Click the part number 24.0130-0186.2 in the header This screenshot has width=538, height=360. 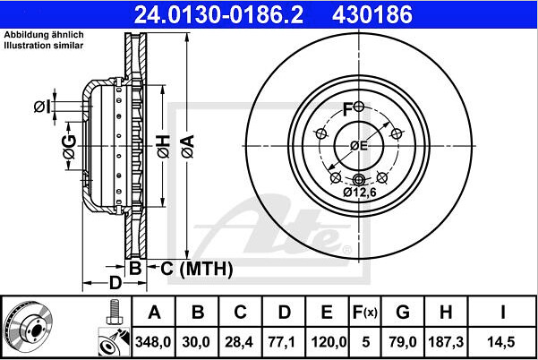218,14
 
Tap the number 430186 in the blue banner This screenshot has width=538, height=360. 372,14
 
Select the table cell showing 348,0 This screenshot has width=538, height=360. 153,342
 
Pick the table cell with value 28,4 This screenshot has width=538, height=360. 239,342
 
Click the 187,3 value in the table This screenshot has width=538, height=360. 446,342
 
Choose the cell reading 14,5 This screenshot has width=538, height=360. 501,342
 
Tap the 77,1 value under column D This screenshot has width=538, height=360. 282,342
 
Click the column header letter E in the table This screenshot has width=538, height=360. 327,313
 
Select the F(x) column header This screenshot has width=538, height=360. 364,313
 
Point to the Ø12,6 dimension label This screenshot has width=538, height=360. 360,193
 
